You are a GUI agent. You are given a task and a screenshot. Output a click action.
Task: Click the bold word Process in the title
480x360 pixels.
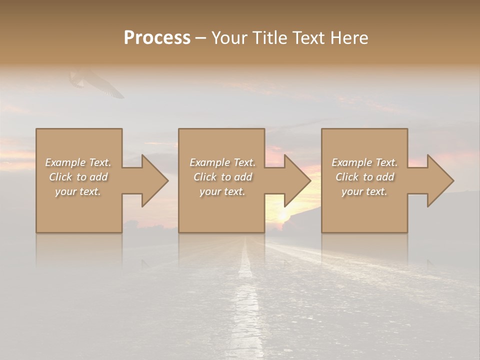(x=157, y=37)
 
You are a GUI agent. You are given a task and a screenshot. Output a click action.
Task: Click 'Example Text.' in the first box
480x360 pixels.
(x=78, y=162)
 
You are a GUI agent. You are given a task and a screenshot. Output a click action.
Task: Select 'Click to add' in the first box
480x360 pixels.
(x=78, y=177)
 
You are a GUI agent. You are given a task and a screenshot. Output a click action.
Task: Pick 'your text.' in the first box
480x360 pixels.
(x=78, y=191)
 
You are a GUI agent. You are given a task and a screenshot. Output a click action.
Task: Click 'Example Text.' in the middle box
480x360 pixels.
(x=222, y=162)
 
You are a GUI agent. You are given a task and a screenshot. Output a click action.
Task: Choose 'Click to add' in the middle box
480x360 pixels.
(x=222, y=177)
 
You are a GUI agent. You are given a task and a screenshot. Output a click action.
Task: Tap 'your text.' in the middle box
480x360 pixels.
(x=222, y=191)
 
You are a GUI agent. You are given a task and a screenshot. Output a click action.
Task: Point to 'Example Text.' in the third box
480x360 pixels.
(x=364, y=162)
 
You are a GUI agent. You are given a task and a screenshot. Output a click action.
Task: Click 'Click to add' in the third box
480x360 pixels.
(x=364, y=177)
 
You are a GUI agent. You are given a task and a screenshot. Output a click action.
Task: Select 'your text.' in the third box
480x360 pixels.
(x=364, y=191)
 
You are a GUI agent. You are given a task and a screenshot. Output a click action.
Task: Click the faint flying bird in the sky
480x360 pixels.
(x=95, y=82)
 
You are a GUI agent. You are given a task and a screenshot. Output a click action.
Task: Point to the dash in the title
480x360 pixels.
(x=201, y=38)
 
